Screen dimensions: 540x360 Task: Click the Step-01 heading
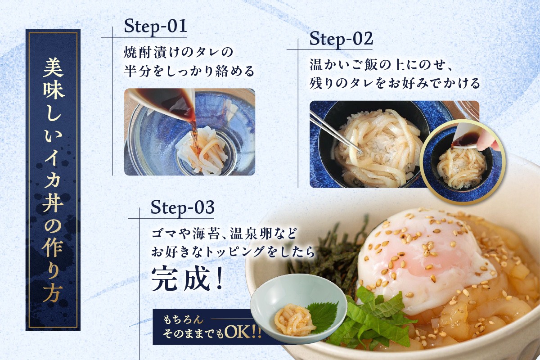(156, 27)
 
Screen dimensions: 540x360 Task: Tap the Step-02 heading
(341, 39)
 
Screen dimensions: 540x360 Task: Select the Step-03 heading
(183, 207)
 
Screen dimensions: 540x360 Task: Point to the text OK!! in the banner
(243, 333)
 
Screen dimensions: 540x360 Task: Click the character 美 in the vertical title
(53, 68)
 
